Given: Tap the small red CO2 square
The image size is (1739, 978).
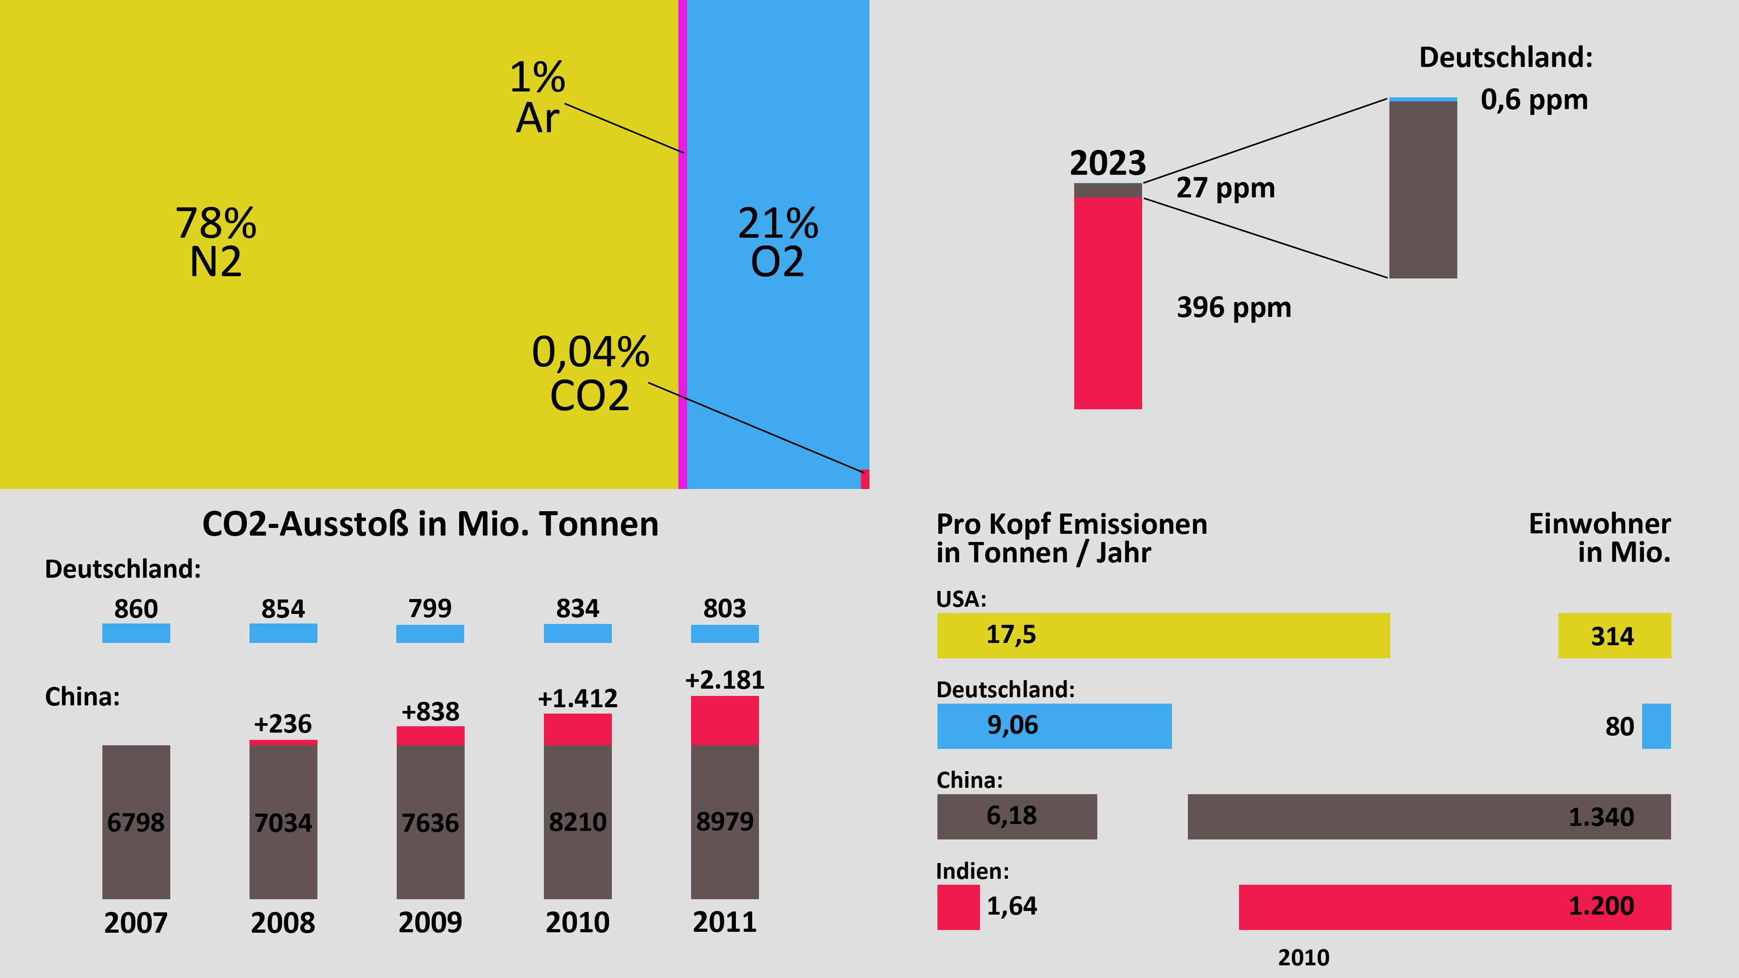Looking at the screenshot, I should tap(865, 479).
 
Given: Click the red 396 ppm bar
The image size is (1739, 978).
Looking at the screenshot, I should tap(1108, 304).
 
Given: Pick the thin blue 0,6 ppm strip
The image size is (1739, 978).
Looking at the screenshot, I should tap(1423, 99).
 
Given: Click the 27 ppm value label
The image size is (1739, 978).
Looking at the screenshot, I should tap(1225, 187).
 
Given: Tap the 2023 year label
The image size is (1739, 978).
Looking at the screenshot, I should tap(1108, 163).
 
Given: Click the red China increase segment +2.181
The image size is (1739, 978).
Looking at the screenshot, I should tap(725, 720).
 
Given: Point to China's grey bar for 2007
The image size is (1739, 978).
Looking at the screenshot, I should tap(136, 821).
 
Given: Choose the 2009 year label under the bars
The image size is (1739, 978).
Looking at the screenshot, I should tap(430, 922).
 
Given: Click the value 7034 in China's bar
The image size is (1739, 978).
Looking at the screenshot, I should tap(283, 823).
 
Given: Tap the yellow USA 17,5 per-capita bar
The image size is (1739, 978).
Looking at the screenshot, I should tap(1163, 635).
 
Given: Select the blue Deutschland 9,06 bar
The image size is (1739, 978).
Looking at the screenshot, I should tap(1054, 725).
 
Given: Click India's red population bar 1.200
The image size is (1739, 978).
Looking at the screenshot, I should tap(1455, 906).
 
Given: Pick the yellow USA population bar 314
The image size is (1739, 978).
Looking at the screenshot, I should tap(1614, 635).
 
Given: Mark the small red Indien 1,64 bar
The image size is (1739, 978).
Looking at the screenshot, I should tap(958, 906).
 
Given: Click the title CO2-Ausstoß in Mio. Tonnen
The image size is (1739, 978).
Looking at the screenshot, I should tap(430, 524).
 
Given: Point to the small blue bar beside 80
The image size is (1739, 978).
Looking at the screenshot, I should tap(1656, 725).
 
